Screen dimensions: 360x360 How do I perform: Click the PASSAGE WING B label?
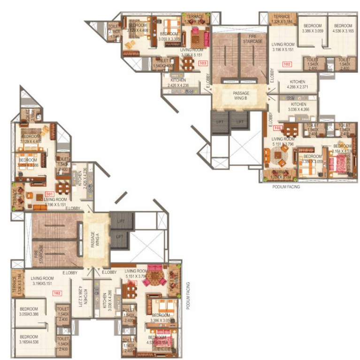[x=241, y=96]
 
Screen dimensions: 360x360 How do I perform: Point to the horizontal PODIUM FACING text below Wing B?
[x=286, y=186]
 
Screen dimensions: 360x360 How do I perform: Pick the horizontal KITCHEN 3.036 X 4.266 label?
[x=299, y=107]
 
